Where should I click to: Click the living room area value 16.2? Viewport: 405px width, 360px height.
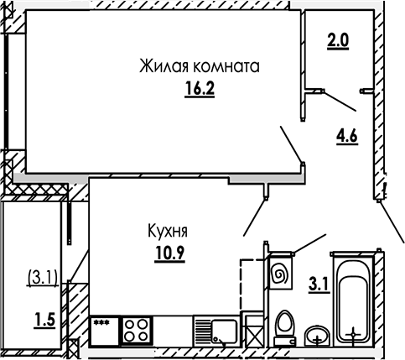[x=200, y=89]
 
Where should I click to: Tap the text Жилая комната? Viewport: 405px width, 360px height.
[x=200, y=66]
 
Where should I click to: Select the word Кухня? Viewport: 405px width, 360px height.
[x=168, y=231]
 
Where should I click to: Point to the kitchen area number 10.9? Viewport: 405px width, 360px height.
[x=169, y=253]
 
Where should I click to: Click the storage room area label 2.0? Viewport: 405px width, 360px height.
[x=338, y=41]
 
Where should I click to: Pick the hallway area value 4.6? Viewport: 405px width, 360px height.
[x=347, y=137]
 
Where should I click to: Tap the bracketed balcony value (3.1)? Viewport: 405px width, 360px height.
[x=43, y=278]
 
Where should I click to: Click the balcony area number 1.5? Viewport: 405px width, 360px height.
[x=44, y=320]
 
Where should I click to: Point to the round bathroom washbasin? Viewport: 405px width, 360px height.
[x=317, y=336]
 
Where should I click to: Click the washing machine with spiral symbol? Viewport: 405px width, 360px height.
[x=280, y=273]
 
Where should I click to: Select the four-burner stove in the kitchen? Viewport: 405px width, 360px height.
[x=136, y=330]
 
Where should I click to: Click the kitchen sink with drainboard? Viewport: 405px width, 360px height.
[x=216, y=331]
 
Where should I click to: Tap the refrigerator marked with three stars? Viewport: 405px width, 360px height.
[x=104, y=331]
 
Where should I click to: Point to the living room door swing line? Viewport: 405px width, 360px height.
[x=292, y=144]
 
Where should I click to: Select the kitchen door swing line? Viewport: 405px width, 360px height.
[x=254, y=217]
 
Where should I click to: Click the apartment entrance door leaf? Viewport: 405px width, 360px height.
[x=392, y=222]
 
